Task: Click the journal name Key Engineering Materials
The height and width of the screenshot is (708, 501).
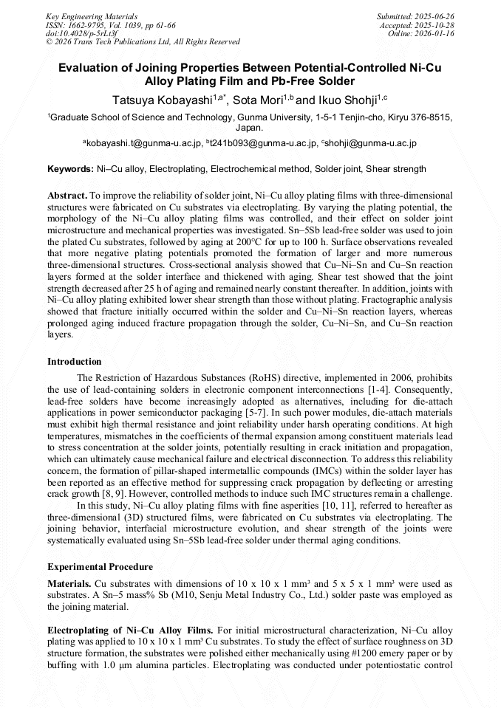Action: click(x=92, y=16)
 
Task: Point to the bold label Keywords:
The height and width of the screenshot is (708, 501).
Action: click(x=70, y=169)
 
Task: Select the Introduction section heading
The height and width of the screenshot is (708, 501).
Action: click(x=75, y=362)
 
